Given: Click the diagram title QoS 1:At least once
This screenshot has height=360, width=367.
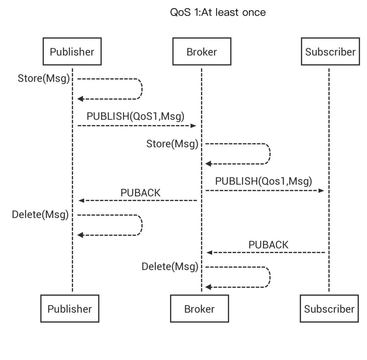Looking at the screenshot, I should coord(218,13).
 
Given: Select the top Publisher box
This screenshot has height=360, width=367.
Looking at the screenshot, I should coord(72,52).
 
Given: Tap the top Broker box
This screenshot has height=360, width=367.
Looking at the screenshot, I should coord(202,52).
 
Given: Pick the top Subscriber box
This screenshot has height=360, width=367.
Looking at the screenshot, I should coord(330,52).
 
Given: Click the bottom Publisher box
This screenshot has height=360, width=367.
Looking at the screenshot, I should coord(70,309).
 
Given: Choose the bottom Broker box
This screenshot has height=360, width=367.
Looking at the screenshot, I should coord(199,309).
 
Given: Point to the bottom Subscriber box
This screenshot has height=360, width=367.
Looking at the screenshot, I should coord(329,309).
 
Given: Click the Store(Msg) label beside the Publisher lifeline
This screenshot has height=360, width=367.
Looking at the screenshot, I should coord(43,79).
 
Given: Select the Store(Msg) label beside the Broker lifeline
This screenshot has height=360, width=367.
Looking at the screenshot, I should coord(172,144).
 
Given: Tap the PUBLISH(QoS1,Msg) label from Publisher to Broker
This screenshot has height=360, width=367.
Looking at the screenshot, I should coord(135,116).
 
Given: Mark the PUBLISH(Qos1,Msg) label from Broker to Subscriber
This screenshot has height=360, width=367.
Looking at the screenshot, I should coord(263,181).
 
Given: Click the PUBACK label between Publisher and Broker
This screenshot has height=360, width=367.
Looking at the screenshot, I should coord(140,193).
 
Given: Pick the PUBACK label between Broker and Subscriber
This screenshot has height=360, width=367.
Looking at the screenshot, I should coord(268,245).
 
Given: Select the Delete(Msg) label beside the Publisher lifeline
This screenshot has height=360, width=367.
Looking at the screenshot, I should coord(40,215).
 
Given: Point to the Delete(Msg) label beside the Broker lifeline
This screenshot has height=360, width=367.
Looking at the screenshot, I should coord(170,267).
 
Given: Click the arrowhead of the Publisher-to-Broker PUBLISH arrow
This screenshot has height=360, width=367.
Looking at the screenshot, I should coord(194,126).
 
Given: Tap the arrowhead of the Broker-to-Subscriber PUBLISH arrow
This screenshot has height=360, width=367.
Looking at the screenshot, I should coord(321,191).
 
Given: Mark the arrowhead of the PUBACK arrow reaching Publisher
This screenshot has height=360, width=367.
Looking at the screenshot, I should coord(81,201).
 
